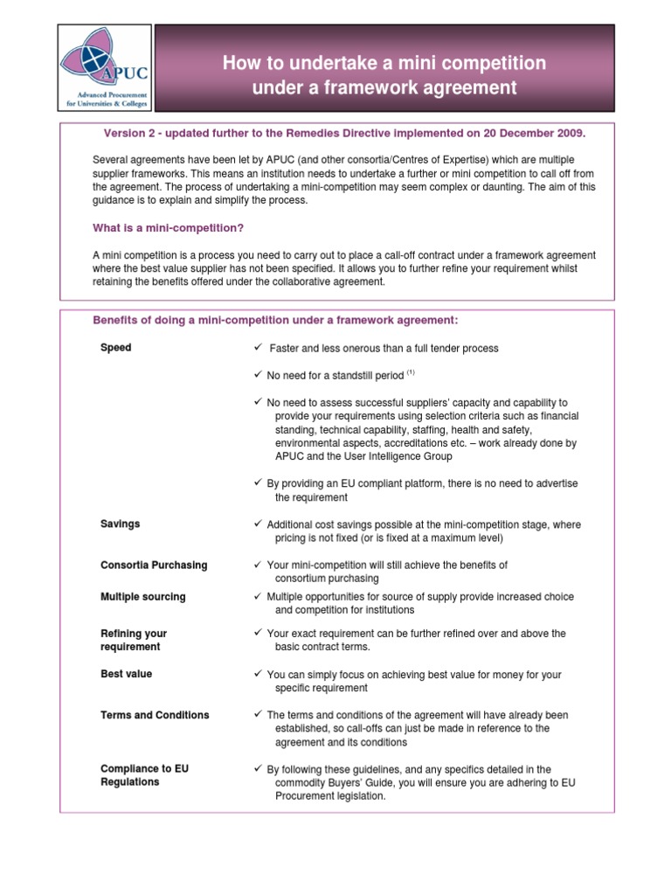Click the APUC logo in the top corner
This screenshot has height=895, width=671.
[105, 68]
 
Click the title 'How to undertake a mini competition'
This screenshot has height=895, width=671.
[384, 63]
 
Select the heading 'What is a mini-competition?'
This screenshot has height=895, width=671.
[168, 228]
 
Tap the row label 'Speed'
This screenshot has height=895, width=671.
[116, 348]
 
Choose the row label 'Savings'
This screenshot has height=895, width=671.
[121, 524]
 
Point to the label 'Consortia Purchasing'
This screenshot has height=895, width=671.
[154, 565]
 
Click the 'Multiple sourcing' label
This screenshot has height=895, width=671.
[143, 597]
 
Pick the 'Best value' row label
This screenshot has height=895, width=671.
[126, 675]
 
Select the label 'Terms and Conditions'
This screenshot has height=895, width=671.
[155, 715]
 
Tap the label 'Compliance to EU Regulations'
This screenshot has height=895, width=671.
[144, 775]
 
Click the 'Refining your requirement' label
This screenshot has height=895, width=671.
[134, 640]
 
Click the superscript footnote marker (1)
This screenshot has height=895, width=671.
[411, 372]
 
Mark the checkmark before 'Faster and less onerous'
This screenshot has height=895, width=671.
[258, 348]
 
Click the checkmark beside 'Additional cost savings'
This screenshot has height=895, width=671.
[258, 524]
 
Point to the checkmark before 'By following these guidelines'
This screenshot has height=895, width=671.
[258, 769]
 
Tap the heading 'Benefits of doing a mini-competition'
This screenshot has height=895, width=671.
[275, 321]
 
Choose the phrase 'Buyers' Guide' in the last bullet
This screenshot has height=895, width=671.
[359, 783]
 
